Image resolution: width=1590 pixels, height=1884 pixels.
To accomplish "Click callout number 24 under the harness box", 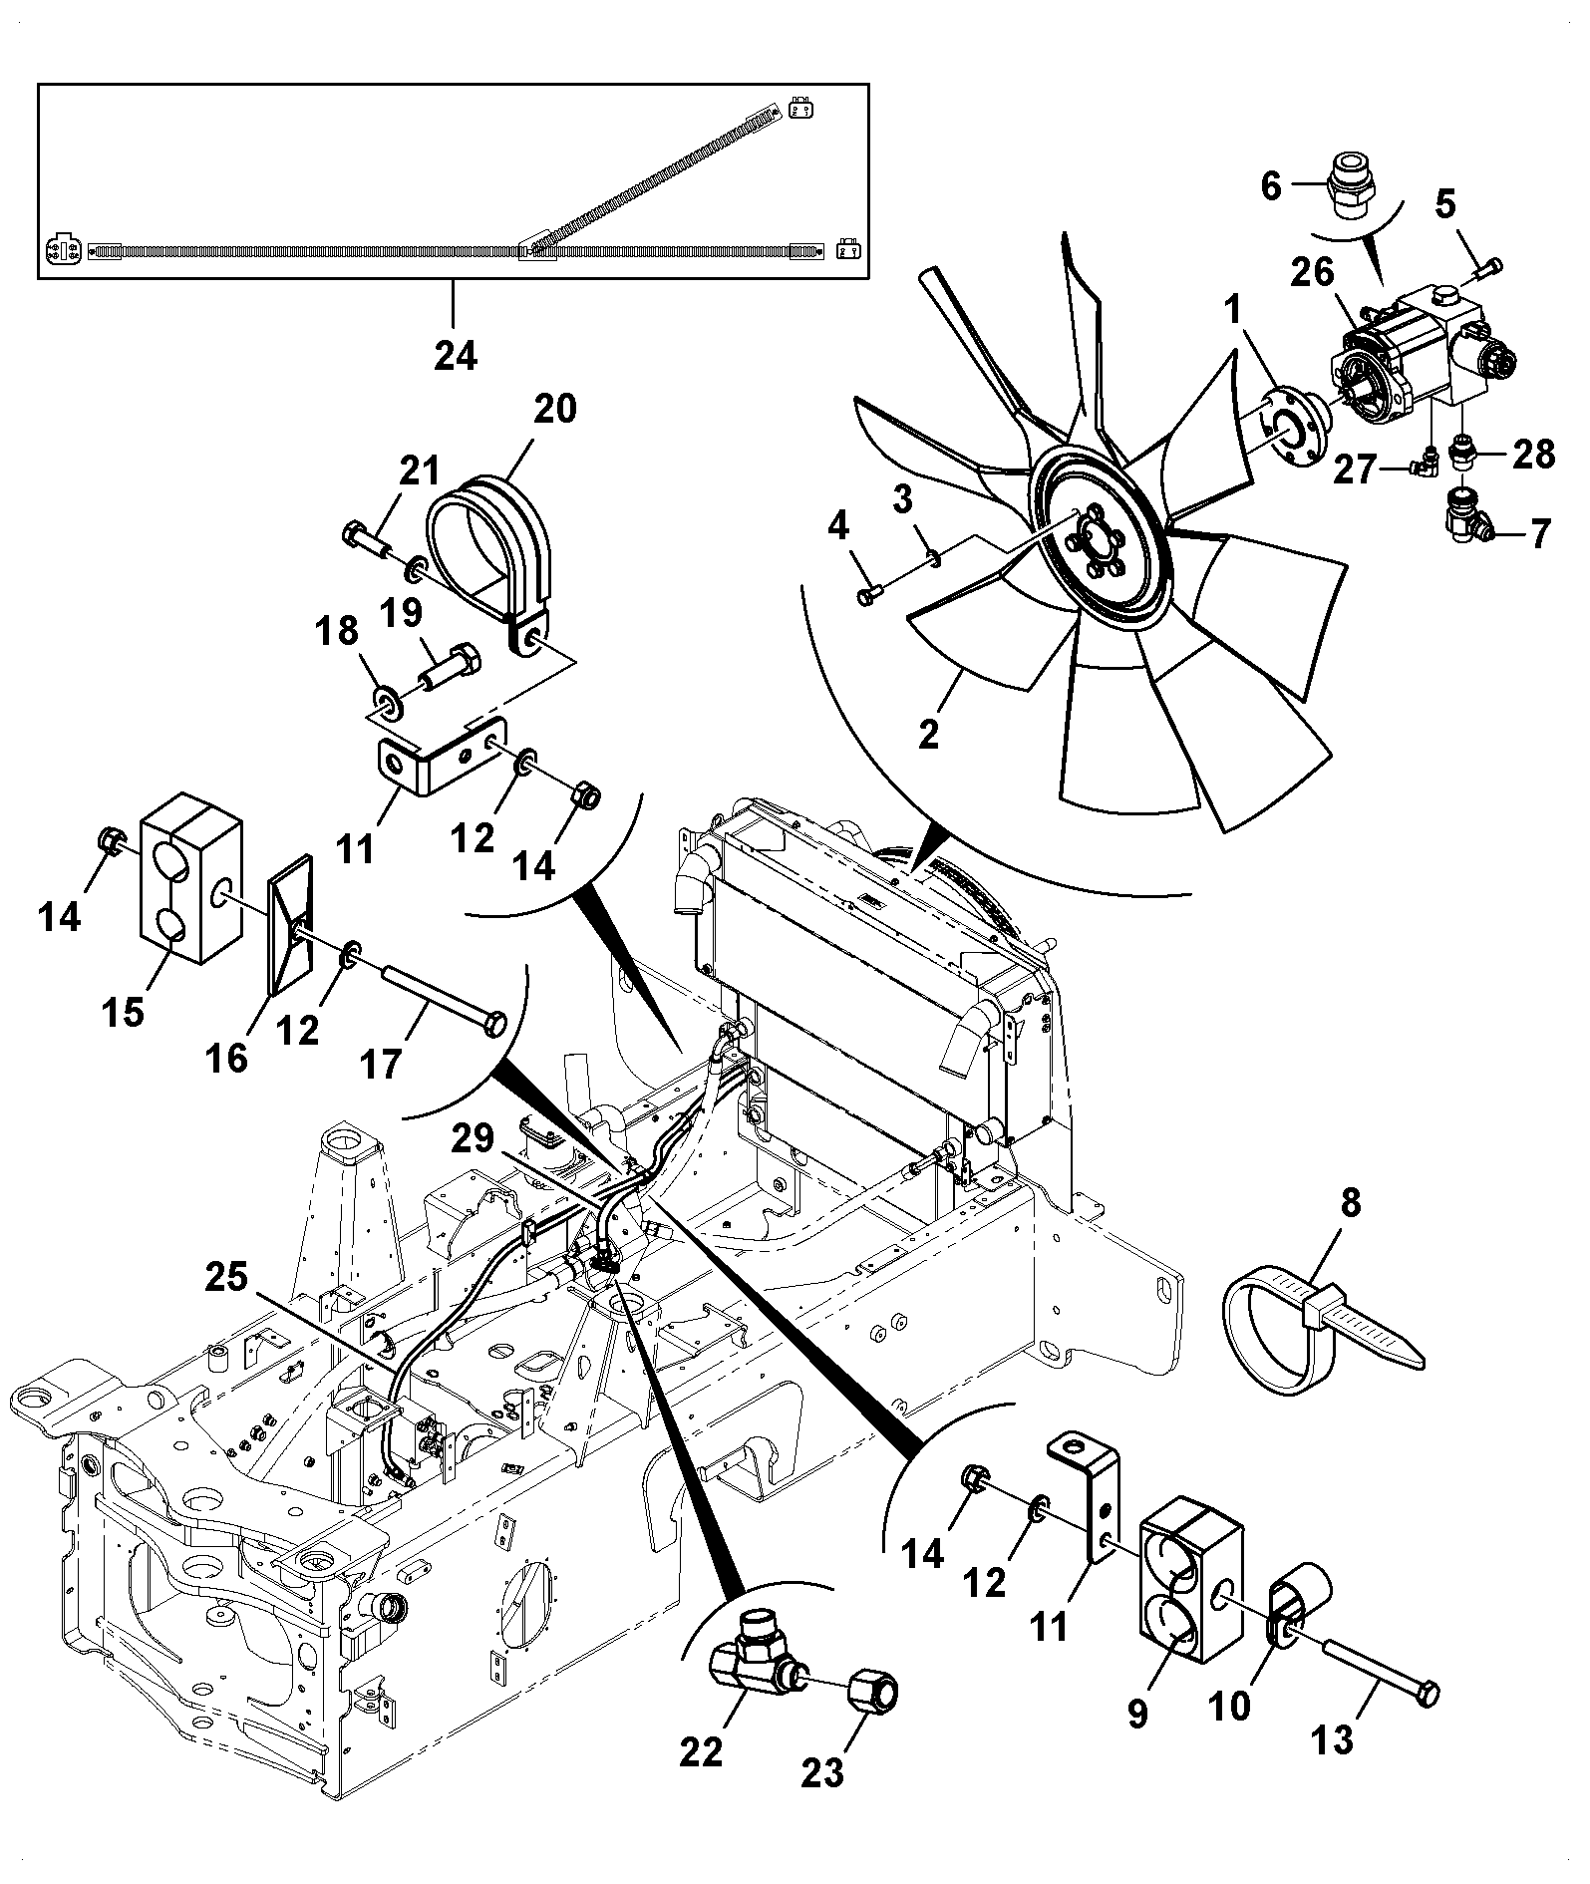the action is (456, 354).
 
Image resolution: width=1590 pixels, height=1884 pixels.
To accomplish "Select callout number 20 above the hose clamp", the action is (554, 408).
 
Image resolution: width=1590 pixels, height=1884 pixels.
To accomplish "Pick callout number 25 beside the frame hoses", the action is (226, 1277).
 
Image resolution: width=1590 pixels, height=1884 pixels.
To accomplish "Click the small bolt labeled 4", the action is (866, 597).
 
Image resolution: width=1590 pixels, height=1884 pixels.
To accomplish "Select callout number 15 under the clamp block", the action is (123, 1012).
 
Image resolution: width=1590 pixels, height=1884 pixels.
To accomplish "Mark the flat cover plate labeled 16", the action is (290, 922).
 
